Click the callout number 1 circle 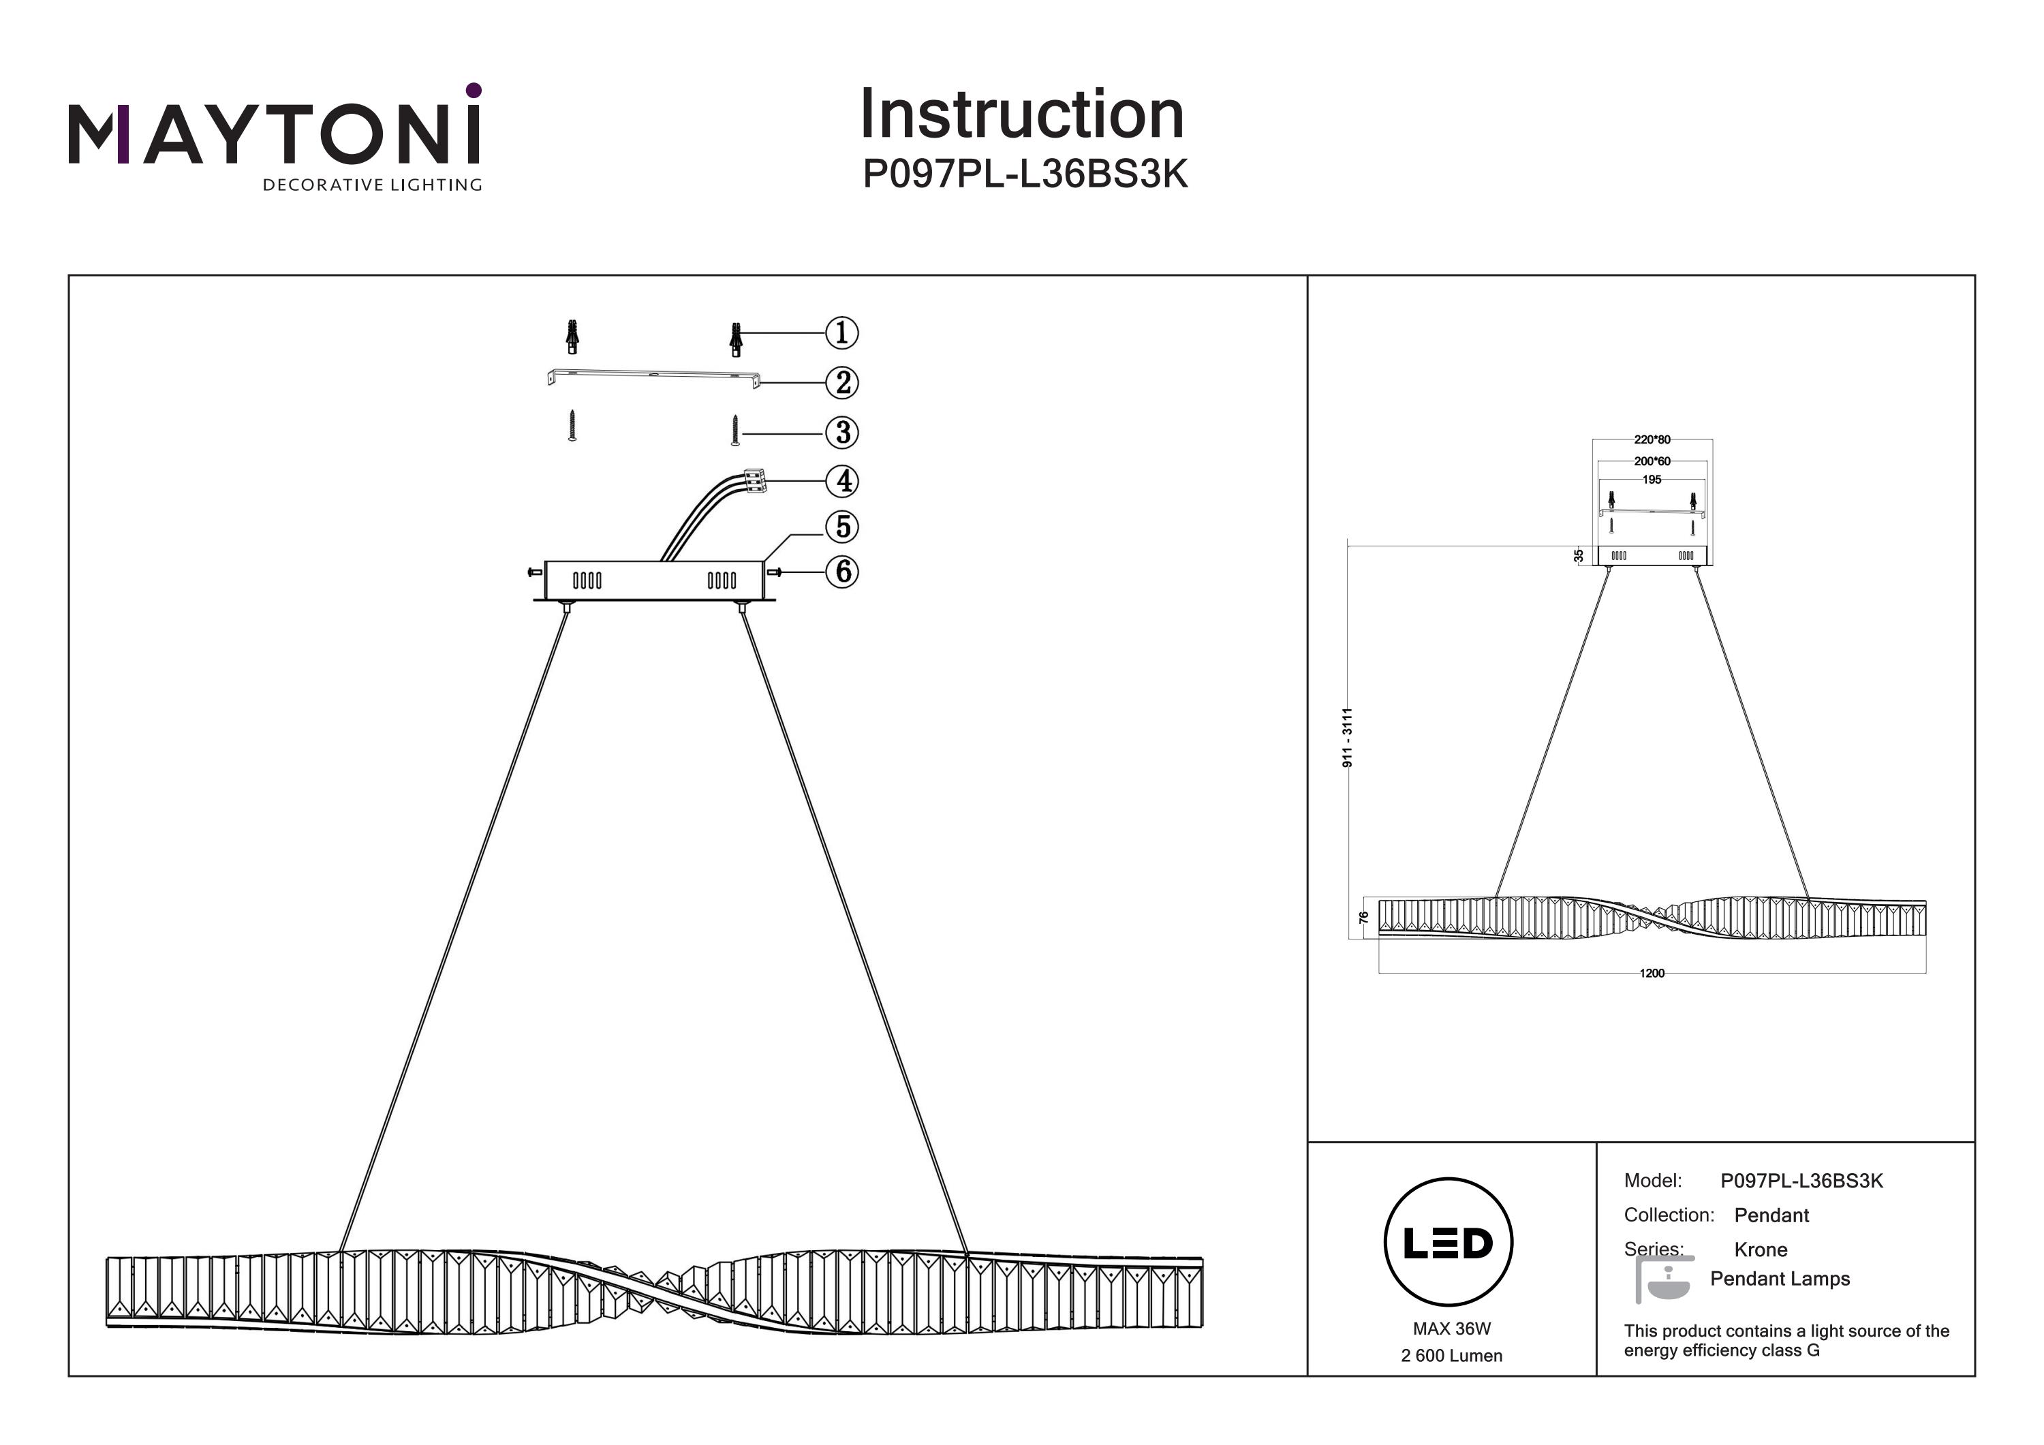coord(841,333)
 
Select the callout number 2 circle coord(841,383)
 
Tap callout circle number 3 coord(841,433)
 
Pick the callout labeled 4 coord(841,482)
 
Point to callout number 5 coord(841,527)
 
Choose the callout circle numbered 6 coord(841,572)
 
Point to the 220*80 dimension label coord(1652,440)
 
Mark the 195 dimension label coord(1652,480)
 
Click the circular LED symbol coord(1449,1243)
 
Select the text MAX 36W coord(1451,1329)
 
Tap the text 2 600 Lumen coord(1451,1356)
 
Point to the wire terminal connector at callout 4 coord(754,481)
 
